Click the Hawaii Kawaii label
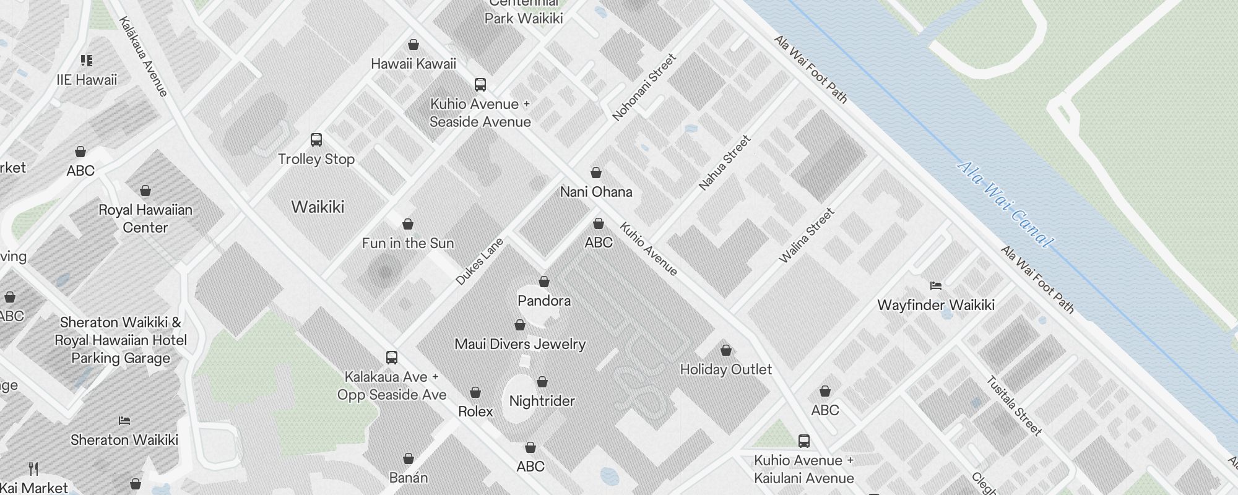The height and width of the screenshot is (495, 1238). point(413,64)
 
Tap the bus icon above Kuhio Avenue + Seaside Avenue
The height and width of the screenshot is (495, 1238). point(480,85)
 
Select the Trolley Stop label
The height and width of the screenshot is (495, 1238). point(316,159)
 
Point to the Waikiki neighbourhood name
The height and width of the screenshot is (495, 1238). point(318,207)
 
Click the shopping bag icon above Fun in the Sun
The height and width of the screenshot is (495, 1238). point(408,224)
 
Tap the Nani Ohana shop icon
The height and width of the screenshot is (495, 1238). point(596,173)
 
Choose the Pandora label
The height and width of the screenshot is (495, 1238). point(544,301)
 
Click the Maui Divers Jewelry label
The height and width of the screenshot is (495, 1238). point(520,344)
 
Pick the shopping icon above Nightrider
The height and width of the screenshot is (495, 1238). point(542,382)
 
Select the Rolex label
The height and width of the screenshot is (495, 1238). point(475,411)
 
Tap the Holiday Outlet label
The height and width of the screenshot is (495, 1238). point(726,369)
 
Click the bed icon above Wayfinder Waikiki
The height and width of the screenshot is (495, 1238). point(936,286)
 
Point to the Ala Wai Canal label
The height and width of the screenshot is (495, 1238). point(1003,204)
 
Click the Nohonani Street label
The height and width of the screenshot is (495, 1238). point(644,87)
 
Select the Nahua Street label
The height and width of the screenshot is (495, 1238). point(724,163)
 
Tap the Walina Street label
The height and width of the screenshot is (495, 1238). point(807,236)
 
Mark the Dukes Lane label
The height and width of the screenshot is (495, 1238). point(480,261)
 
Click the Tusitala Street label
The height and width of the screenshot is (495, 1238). point(1014,405)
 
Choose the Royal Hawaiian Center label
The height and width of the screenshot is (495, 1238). point(145,218)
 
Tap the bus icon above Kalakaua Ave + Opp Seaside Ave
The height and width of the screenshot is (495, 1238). point(392,358)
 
